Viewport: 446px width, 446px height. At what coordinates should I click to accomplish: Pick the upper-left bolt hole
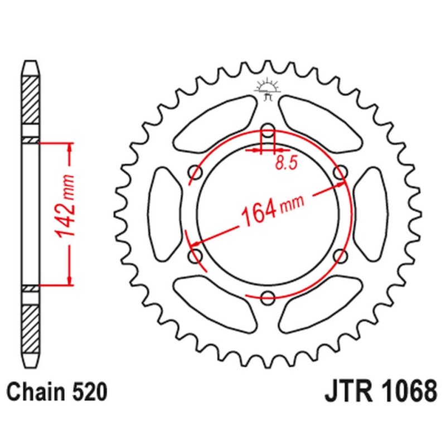[196, 173]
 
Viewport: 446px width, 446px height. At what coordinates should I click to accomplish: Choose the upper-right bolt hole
[339, 173]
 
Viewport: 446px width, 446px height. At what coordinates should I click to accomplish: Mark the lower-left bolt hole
[196, 256]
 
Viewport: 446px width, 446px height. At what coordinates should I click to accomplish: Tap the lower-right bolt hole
[339, 256]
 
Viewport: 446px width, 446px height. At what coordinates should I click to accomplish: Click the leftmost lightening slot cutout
[166, 215]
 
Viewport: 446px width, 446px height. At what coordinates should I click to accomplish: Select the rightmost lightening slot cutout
[370, 215]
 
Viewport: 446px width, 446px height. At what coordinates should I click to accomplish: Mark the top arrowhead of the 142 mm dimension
[70, 148]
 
